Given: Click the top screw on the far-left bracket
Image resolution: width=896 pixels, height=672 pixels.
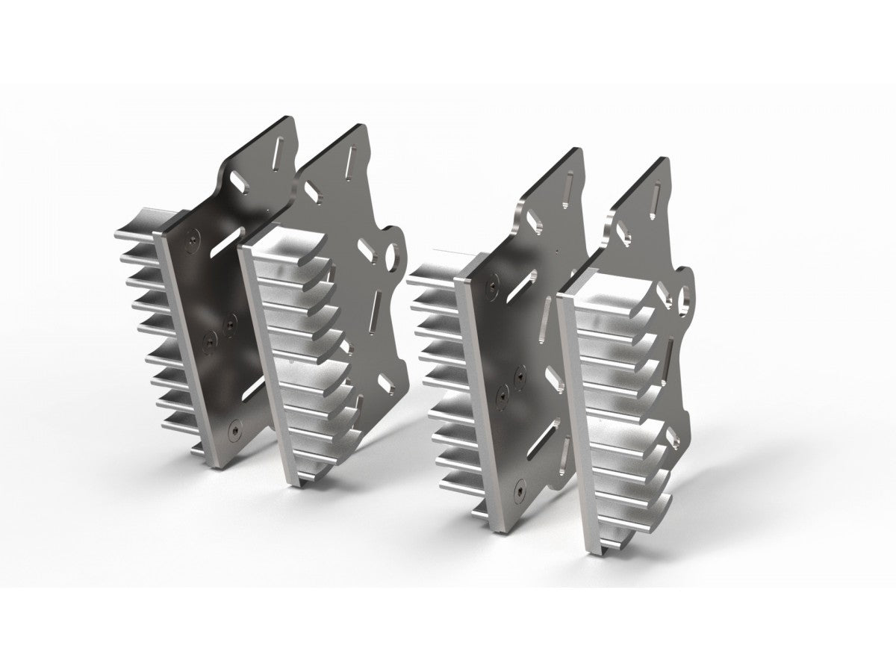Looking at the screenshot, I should click(x=193, y=240).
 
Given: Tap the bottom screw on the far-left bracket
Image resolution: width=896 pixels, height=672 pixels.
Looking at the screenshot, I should click(x=237, y=431).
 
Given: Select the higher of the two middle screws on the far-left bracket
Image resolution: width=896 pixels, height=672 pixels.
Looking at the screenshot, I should click(x=228, y=323).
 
